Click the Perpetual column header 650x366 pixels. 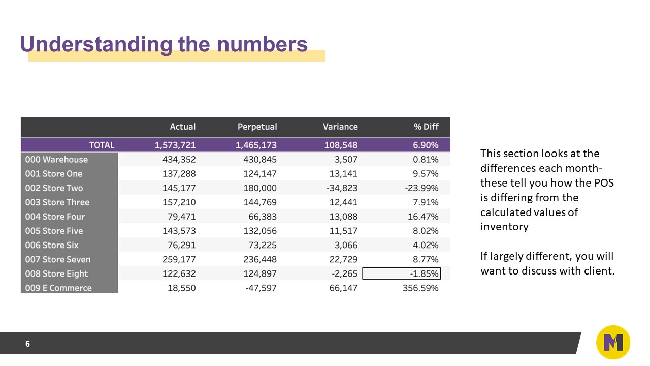pyautogui.click(x=257, y=127)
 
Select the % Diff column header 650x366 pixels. pyautogui.click(x=426, y=127)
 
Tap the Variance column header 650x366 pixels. pyautogui.click(x=340, y=127)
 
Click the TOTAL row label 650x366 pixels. pyautogui.click(x=102, y=145)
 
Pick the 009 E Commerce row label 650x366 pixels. pyautogui.click(x=58, y=288)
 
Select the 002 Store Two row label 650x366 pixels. pyautogui.click(x=54, y=188)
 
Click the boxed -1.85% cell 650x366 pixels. pyautogui.click(x=401, y=273)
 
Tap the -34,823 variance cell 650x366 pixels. pyautogui.click(x=341, y=188)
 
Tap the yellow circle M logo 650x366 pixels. pyautogui.click(x=613, y=343)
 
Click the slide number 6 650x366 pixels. pyautogui.click(x=27, y=344)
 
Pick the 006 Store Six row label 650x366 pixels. pyautogui.click(x=52, y=245)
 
